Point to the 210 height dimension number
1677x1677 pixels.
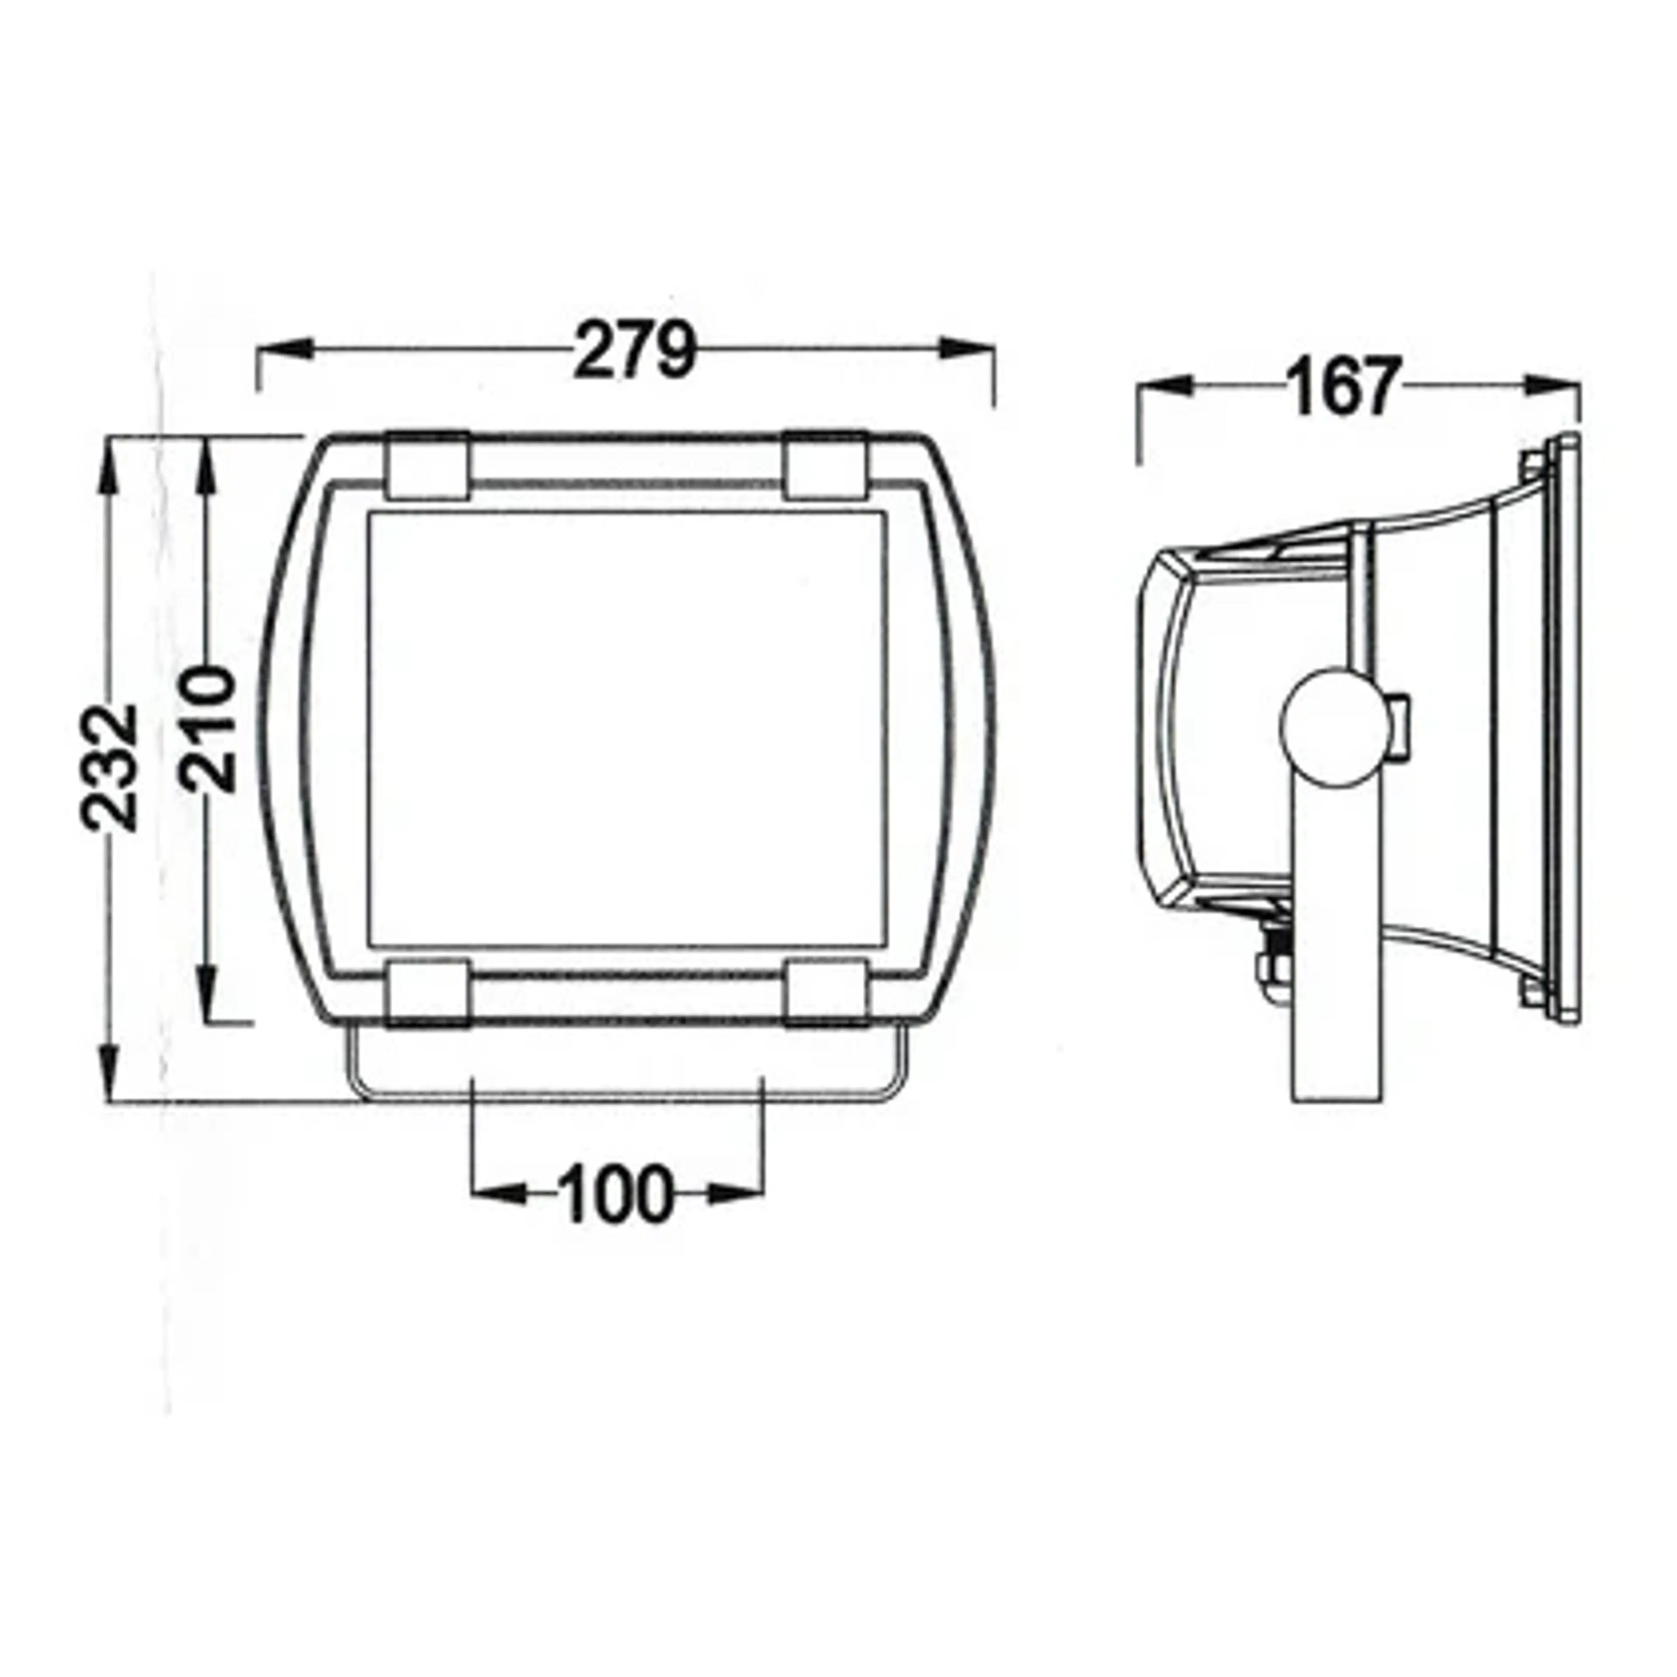(x=208, y=729)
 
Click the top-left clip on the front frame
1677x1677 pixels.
(x=428, y=466)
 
